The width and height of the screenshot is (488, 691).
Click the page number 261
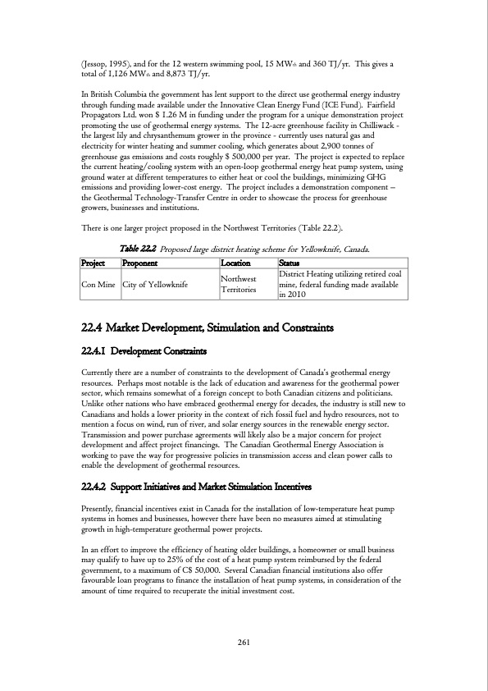244,642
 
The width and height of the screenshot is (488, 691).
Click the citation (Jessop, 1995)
112,42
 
